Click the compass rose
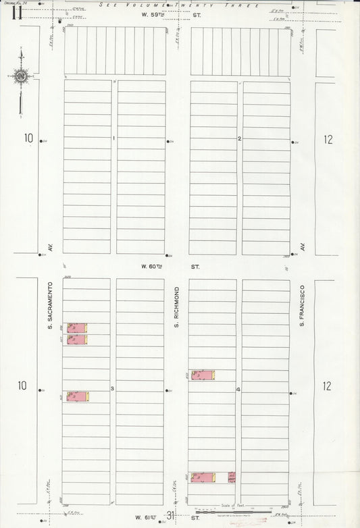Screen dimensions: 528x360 pos(20,76)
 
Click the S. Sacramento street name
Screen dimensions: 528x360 pos(50,307)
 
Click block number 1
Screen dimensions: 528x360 pos(114,139)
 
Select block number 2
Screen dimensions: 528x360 pos(240,139)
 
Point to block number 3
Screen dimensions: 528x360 pos(112,388)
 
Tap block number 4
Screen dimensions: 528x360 pos(238,390)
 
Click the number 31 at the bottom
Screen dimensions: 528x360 pos(172,516)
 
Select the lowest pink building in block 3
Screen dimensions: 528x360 pos(78,396)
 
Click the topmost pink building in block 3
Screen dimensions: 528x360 pos(77,327)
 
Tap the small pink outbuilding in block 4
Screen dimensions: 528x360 pos(232,477)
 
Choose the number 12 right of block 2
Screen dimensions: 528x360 pos(328,140)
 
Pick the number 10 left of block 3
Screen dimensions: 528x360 pos(23,386)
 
